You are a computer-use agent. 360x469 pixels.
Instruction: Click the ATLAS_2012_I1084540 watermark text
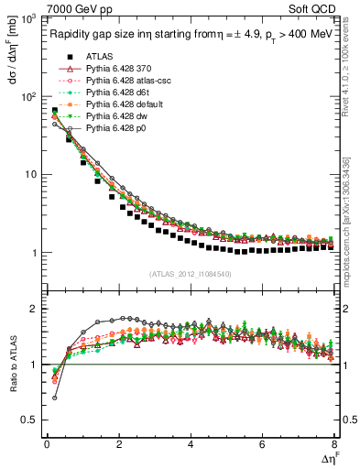click(x=189, y=274)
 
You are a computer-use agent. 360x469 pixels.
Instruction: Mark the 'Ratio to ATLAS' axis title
click(x=13, y=363)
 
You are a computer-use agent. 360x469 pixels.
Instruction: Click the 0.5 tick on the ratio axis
click(x=31, y=420)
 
